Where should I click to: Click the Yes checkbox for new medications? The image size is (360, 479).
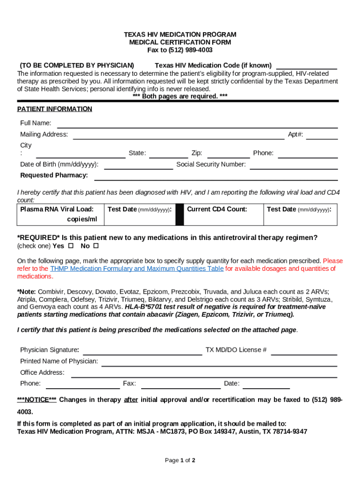(71, 246)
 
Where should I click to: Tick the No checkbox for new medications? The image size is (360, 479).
(96, 246)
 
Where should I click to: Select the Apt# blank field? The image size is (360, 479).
(322, 136)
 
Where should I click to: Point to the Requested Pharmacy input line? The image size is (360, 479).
(216, 177)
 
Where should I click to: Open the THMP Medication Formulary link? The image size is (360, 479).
(137, 269)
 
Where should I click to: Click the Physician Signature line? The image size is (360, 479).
(142, 351)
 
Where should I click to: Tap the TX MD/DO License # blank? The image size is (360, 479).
(304, 351)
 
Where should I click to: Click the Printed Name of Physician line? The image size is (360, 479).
(219, 363)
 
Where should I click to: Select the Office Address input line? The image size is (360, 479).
(204, 374)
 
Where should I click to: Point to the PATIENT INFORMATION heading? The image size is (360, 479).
(55, 109)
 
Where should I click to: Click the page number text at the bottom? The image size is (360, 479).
(180, 460)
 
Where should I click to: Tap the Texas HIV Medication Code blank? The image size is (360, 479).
(306, 65)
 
